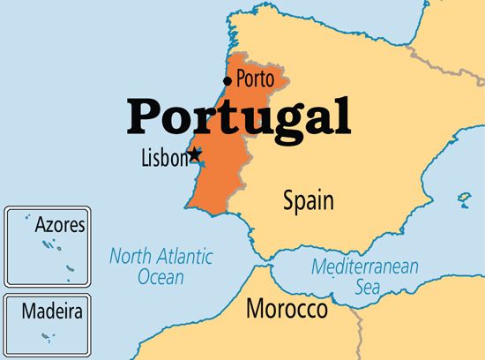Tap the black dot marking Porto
[228, 81]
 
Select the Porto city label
[255, 79]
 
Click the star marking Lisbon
[195, 154]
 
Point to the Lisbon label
[165, 159]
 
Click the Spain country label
[308, 201]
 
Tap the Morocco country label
[287, 310]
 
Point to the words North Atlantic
[160, 257]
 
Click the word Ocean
[160, 277]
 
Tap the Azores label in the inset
[59, 225]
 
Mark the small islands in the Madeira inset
[49, 335]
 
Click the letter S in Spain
[289, 201]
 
